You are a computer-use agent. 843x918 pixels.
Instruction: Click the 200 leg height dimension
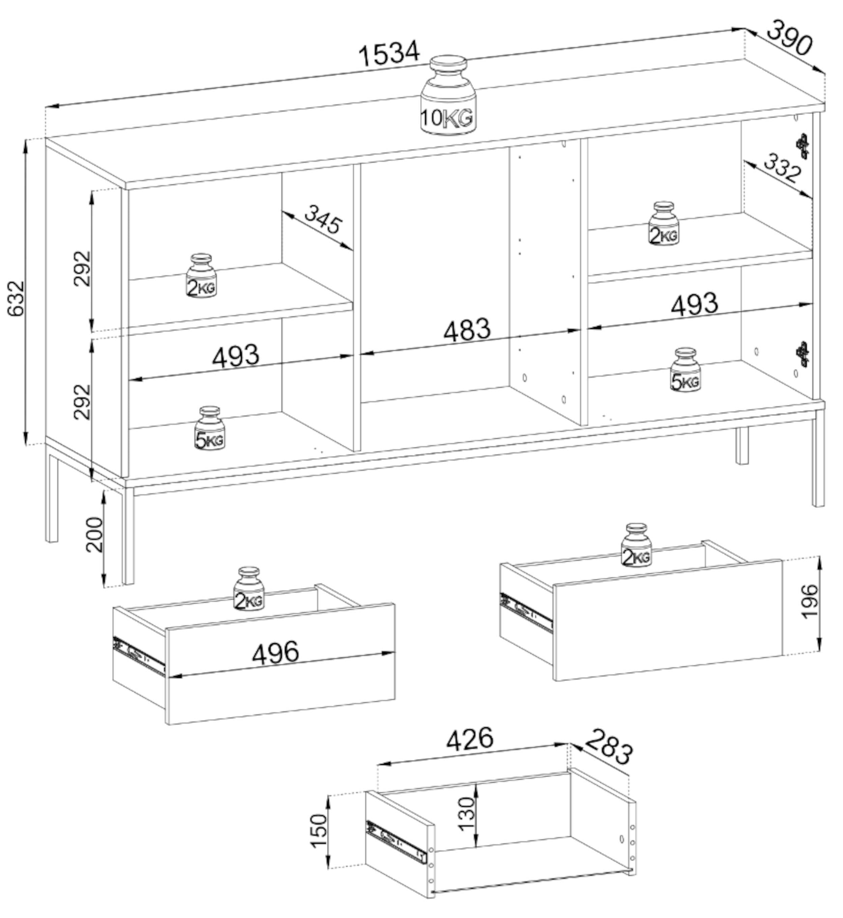95,534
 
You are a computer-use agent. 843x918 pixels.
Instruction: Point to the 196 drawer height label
810,601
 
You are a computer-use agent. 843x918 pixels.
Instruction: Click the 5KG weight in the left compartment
209,428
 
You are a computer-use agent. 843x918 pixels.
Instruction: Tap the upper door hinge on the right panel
803,146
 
